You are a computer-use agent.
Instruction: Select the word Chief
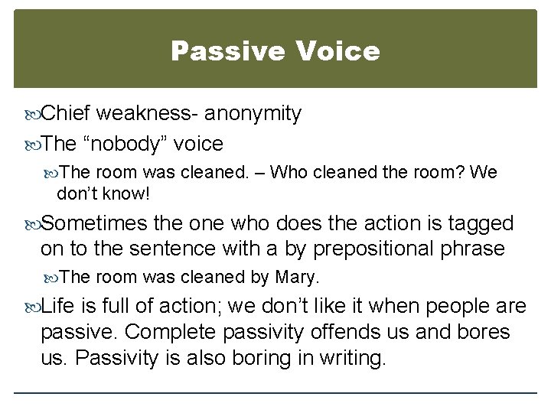pos(66,114)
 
